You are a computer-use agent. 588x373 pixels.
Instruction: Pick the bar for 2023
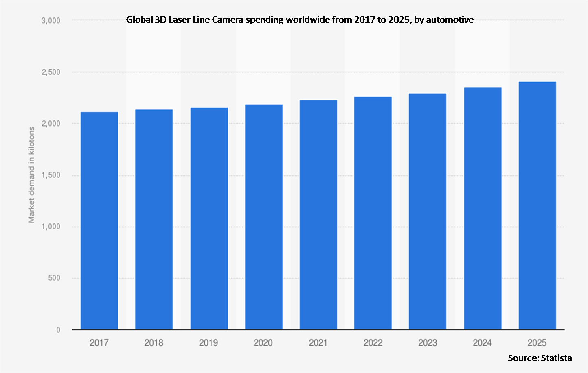428,212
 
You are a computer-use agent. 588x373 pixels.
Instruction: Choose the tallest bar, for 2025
537,205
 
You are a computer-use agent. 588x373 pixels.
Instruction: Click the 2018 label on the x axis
154,343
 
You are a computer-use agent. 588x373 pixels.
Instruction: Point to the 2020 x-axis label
263,343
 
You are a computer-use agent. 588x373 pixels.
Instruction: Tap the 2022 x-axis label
373,343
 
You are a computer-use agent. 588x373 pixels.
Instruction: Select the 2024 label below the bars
482,343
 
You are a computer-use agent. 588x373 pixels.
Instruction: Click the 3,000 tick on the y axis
51,20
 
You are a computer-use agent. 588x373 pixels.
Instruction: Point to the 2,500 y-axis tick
51,72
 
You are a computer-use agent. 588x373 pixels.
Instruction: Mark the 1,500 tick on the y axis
51,175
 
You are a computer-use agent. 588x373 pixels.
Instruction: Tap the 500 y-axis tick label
53,278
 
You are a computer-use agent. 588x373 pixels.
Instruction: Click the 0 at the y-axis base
58,330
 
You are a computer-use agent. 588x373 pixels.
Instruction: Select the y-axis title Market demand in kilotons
31,175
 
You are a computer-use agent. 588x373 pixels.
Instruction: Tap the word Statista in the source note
556,358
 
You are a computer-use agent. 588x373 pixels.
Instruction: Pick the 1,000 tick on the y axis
51,227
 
